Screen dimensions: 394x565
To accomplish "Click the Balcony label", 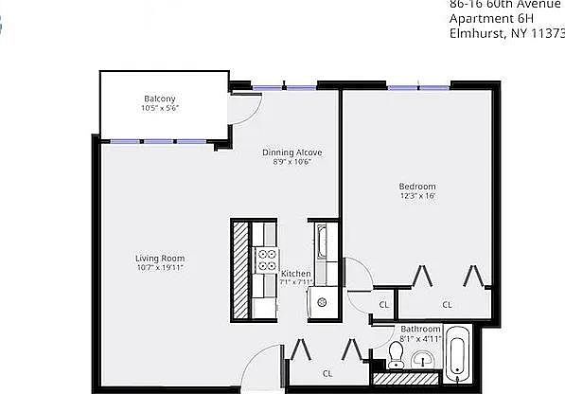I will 159,99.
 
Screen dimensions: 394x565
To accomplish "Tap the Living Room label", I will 159,258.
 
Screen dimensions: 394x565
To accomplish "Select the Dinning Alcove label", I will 292,152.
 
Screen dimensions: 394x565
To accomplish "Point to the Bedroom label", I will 416,186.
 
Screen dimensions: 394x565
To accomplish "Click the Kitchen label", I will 296,274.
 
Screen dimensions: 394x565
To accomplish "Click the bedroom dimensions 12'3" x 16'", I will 416,197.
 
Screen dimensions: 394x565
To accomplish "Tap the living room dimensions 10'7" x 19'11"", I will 159,268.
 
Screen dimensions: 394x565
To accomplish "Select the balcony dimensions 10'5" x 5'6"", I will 159,109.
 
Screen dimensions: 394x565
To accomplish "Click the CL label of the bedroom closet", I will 447,304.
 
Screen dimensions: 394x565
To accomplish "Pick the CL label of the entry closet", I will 327,372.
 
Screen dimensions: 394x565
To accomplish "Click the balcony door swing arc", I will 239,106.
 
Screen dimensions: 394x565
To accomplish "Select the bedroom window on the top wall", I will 416,87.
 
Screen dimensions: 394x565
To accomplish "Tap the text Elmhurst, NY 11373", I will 506,34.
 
